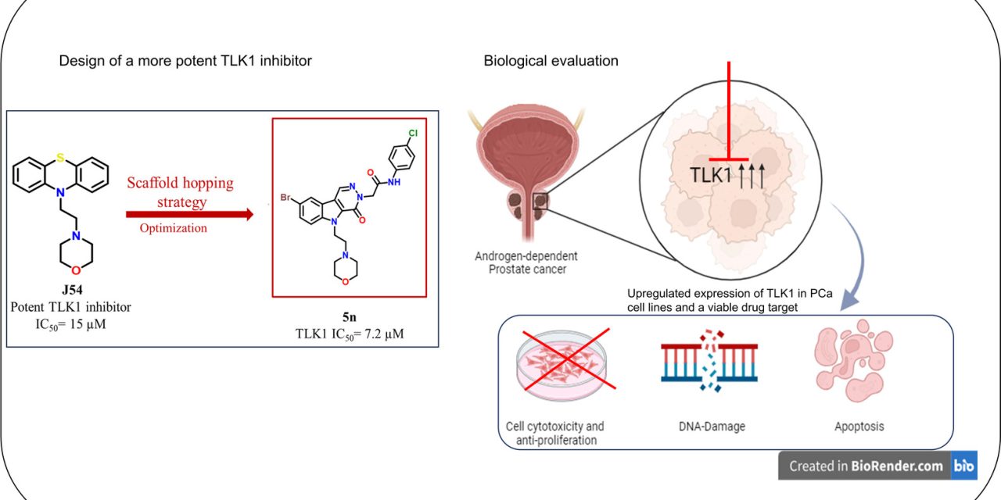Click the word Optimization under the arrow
pos(174,228)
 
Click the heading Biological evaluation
pos(551,61)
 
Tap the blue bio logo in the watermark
pos(963,466)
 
